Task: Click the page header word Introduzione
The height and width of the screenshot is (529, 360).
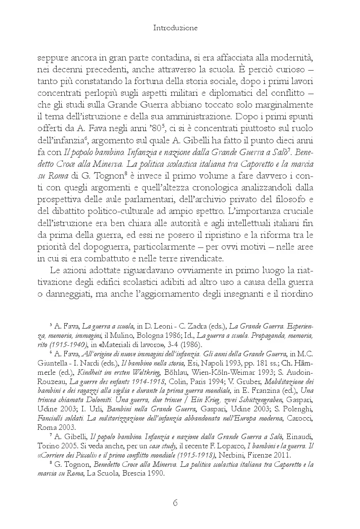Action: click(x=175, y=28)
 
